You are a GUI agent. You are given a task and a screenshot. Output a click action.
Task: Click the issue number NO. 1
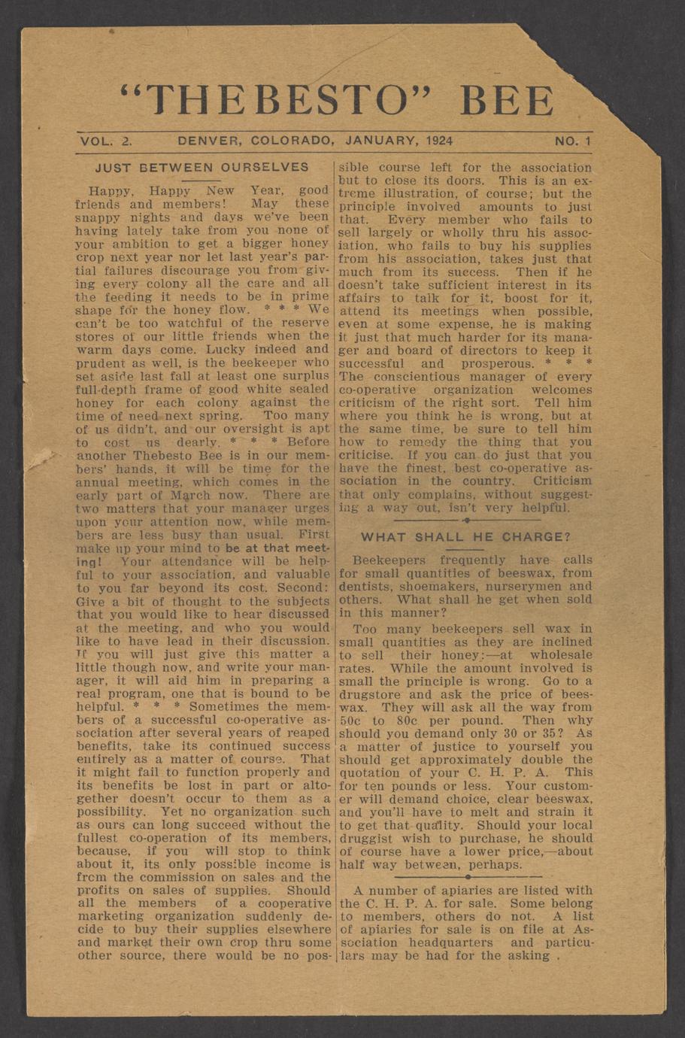573,141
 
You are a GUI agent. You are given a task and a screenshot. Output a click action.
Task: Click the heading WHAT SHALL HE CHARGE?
465,537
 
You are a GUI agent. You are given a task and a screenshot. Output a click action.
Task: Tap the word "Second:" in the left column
301,587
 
